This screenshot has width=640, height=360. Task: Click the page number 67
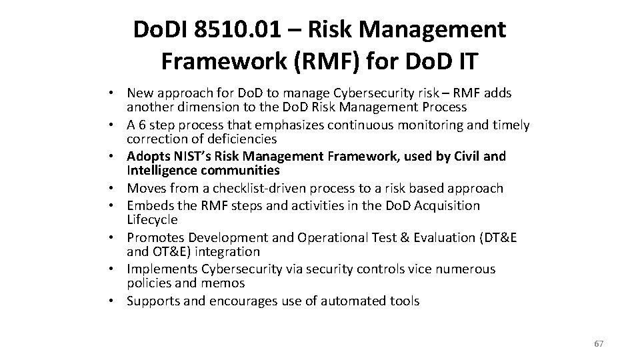tap(598, 343)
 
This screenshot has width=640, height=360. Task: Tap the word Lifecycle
tap(153, 219)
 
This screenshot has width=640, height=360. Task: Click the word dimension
tap(203, 106)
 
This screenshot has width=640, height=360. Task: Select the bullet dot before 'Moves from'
tap(115, 189)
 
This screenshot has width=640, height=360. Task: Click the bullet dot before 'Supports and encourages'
tap(115, 301)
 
